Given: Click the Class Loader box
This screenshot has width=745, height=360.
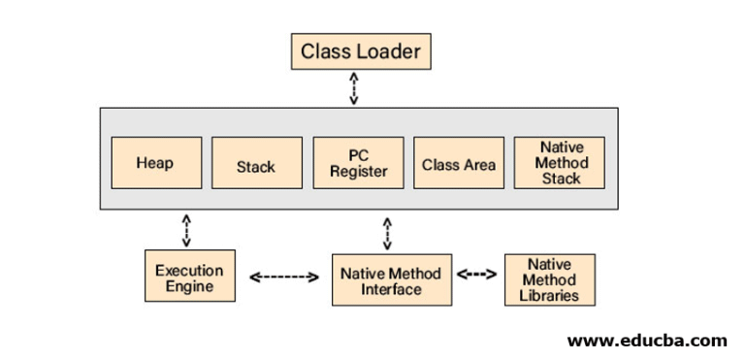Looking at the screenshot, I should click(361, 51).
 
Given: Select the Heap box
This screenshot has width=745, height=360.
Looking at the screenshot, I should click(155, 163).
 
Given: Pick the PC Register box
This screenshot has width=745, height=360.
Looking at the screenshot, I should click(358, 163).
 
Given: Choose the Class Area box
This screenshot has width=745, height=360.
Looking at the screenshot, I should click(459, 163).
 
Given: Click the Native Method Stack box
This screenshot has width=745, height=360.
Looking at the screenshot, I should click(562, 163).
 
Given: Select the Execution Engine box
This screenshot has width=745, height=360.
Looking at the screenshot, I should click(189, 278).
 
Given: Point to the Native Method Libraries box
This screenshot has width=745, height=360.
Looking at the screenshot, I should click(550, 279).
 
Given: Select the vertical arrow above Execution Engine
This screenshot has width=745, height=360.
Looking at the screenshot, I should click(186, 230).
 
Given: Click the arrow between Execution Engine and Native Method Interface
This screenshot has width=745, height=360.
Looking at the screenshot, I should click(284, 278).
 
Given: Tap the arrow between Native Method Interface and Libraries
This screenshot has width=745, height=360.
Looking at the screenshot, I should click(476, 274).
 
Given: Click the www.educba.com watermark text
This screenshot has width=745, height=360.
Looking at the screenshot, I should click(646, 340).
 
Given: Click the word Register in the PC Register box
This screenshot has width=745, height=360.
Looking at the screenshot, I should click(358, 172).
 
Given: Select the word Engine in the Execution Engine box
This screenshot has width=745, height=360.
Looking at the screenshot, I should click(189, 287).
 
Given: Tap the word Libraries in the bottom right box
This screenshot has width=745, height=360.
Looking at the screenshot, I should click(550, 295).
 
